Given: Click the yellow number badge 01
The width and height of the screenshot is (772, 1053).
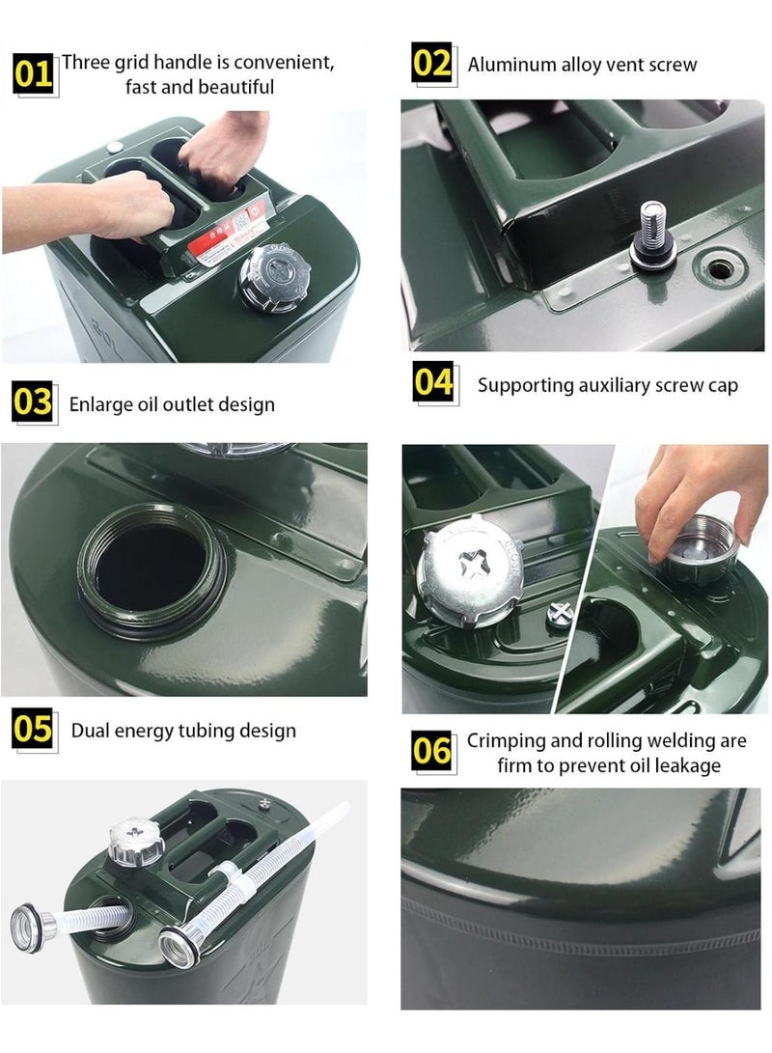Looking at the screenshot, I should (33, 72).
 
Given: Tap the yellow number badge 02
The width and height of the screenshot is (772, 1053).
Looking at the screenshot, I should (432, 63).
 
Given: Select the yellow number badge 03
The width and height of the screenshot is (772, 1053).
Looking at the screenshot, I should (33, 402).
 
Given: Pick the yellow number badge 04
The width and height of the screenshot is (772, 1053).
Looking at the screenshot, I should (433, 382).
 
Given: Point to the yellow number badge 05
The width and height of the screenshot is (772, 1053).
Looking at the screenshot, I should (33, 729).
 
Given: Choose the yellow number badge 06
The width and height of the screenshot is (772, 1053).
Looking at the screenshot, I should (432, 750).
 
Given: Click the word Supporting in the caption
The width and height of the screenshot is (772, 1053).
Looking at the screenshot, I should (525, 386).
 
